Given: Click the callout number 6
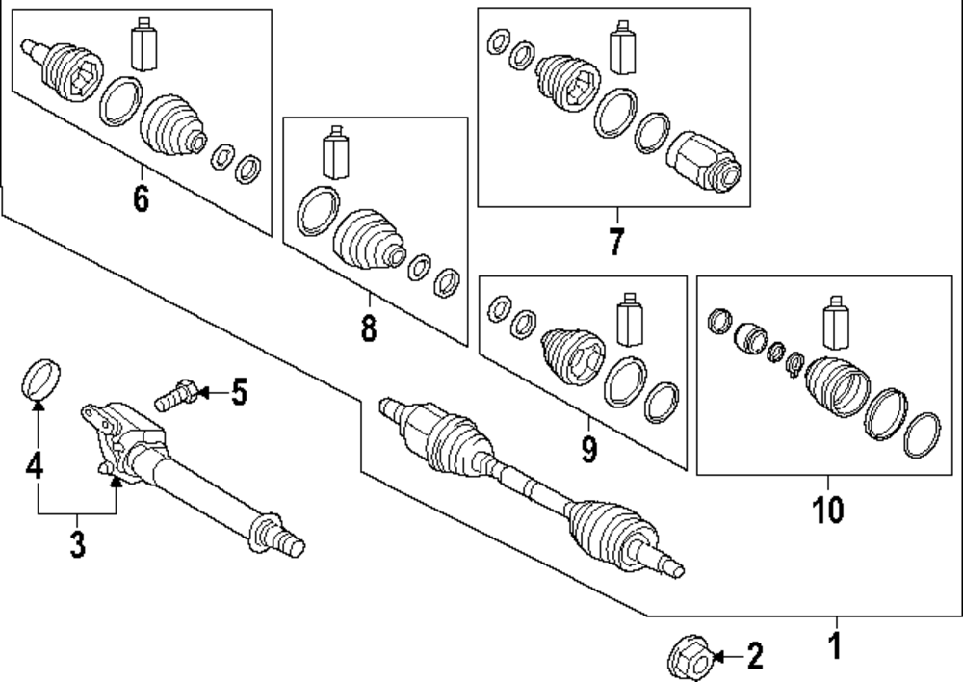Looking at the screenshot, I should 141,199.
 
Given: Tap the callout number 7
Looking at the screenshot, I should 616,241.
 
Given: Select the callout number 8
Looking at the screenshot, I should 369,328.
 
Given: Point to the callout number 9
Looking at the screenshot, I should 588,448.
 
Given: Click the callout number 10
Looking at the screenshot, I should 828,509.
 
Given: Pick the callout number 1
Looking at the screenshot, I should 836,643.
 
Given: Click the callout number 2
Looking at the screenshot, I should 755,658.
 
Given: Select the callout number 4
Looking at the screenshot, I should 36,468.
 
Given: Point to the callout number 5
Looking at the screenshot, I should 238,392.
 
